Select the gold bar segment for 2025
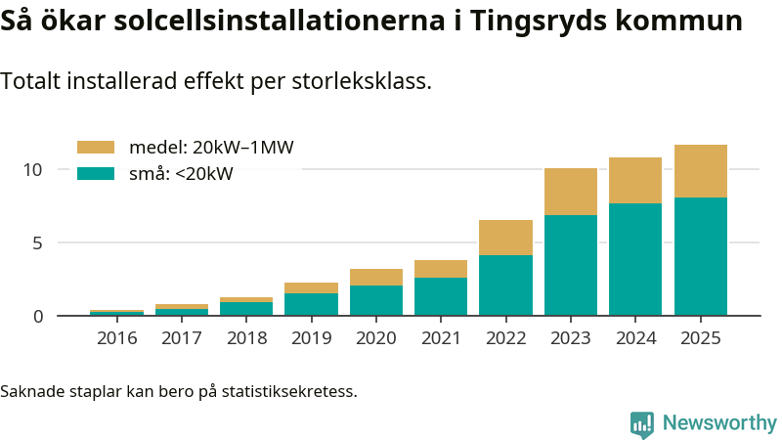pyautogui.click(x=701, y=171)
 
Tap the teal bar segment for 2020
pyautogui.click(x=376, y=300)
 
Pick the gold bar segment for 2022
pyautogui.click(x=505, y=238)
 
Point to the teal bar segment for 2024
pyautogui.click(x=635, y=259)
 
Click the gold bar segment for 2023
pyautogui.click(x=571, y=192)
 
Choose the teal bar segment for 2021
pyautogui.click(x=441, y=296)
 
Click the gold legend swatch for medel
pyautogui.click(x=96, y=148)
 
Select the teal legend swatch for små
pyautogui.click(x=96, y=174)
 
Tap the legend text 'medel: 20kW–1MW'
pyautogui.click(x=211, y=148)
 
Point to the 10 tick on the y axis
pyautogui.click(x=33, y=169)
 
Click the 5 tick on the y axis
pyautogui.click(x=37, y=242)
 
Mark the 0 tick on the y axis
pyautogui.click(x=37, y=316)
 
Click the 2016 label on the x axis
pyautogui.click(x=117, y=338)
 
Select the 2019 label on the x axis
pyautogui.click(x=311, y=338)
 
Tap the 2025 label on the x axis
pyautogui.click(x=701, y=338)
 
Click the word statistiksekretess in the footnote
pyautogui.click(x=287, y=392)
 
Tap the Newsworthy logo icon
pyautogui.click(x=642, y=423)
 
